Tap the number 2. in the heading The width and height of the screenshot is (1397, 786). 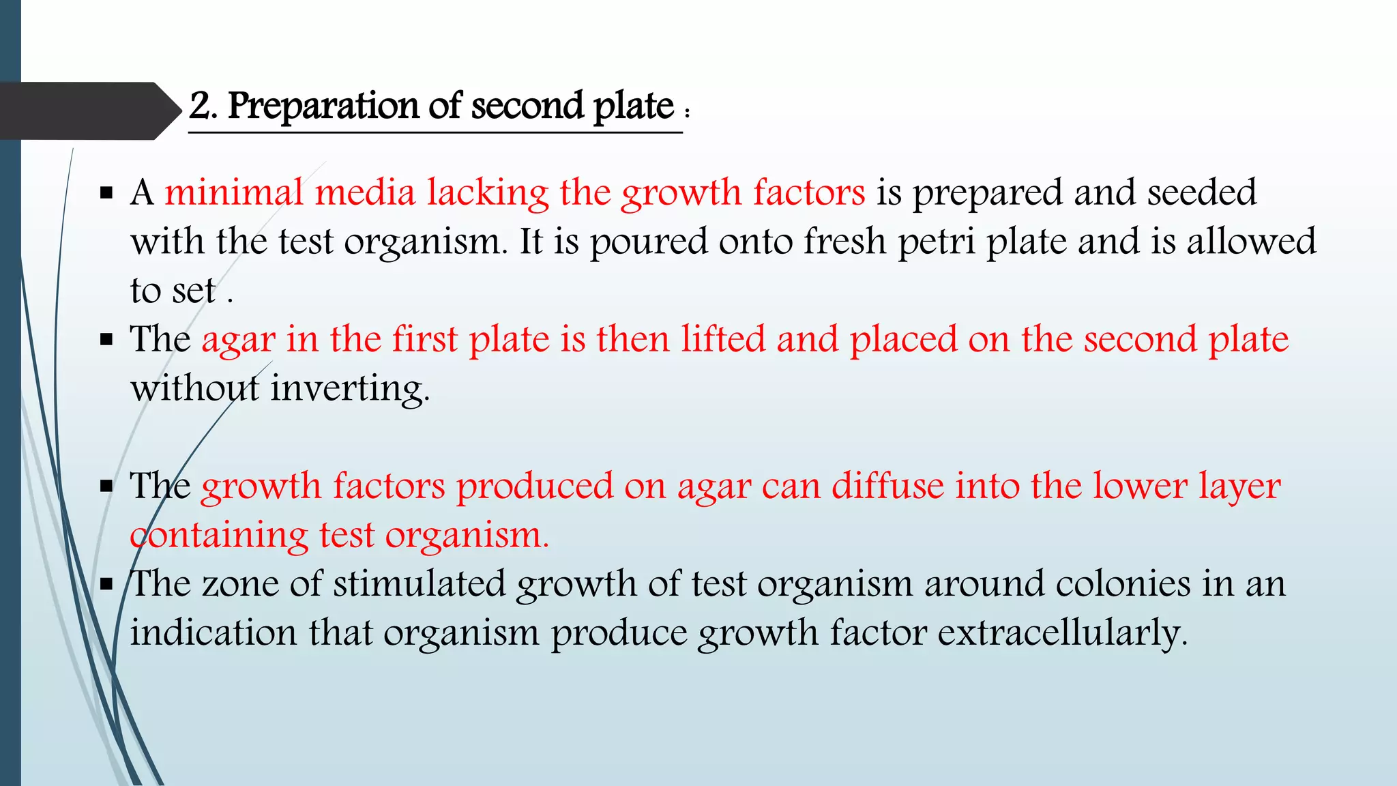coord(203,106)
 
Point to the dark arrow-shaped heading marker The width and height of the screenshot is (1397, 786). coord(89,111)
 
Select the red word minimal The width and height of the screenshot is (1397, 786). coord(234,192)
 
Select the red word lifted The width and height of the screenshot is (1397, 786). coord(723,339)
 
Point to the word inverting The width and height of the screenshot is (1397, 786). coord(350,389)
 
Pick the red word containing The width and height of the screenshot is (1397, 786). coord(219,536)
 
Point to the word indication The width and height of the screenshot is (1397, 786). coord(214,633)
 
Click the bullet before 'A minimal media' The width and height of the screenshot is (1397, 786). coord(106,193)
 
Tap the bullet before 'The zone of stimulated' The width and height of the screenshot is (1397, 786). coord(106,585)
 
